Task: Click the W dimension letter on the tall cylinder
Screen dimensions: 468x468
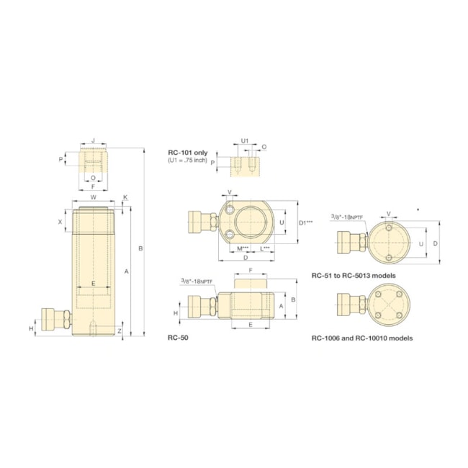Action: [93, 197]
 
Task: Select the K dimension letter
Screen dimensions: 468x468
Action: [125, 197]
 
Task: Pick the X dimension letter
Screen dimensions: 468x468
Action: [60, 222]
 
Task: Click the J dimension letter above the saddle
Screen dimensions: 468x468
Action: [93, 142]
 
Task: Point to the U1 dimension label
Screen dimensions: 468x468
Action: [245, 140]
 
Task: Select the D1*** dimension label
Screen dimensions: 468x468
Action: [306, 222]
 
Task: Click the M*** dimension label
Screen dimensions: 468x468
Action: [243, 249]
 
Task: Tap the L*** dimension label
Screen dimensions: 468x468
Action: [264, 249]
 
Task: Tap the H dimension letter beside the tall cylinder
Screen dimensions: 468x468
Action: [31, 328]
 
